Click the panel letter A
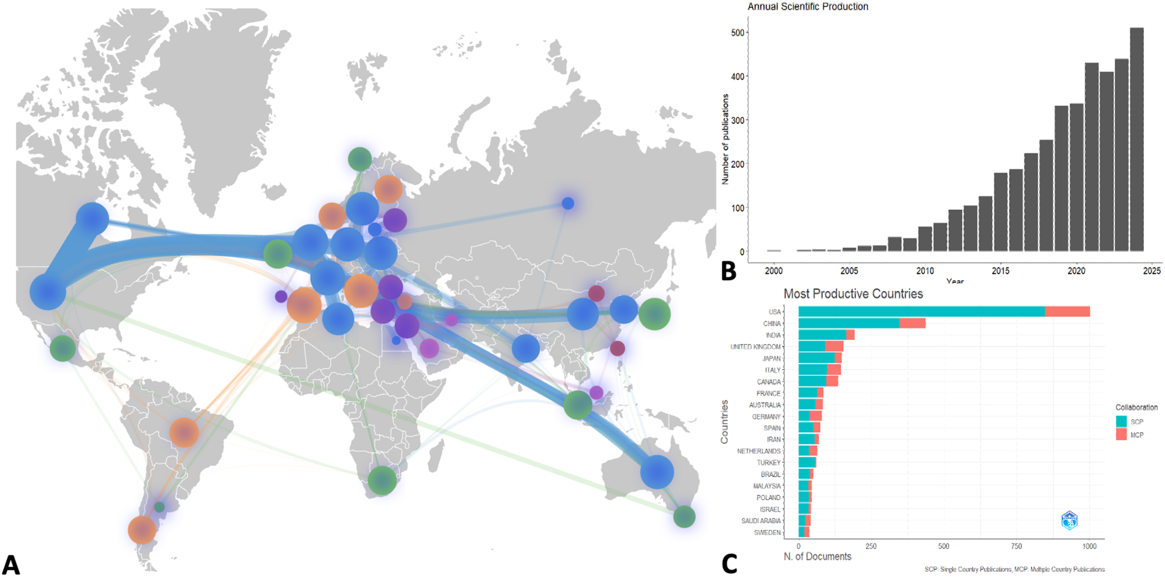click(x=10, y=564)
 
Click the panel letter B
click(x=728, y=271)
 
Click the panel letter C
click(x=729, y=563)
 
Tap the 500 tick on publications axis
click(x=737, y=33)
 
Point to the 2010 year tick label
click(x=925, y=271)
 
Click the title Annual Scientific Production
click(x=807, y=7)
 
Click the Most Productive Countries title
click(x=852, y=294)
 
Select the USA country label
click(x=774, y=312)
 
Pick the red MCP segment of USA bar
click(x=1067, y=312)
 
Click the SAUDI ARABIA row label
click(x=761, y=521)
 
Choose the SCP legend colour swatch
click(x=1121, y=422)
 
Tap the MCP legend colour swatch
click(x=1121, y=435)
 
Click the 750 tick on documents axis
click(x=1016, y=546)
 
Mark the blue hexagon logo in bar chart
click(x=1069, y=520)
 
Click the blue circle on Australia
click(x=656, y=472)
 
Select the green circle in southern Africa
click(x=382, y=480)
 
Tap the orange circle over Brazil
click(x=184, y=432)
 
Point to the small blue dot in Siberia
click(x=568, y=203)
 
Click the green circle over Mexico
click(x=62, y=348)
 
